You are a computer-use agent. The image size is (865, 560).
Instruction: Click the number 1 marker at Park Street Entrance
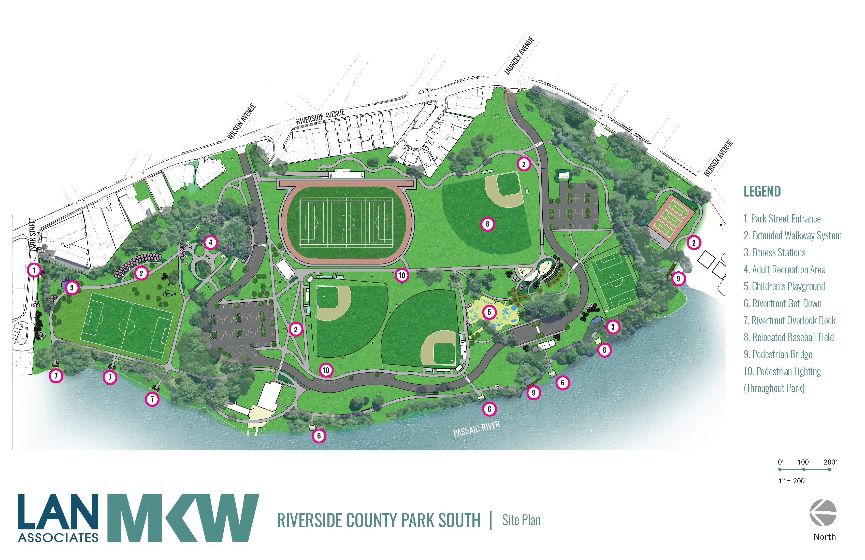point(34,270)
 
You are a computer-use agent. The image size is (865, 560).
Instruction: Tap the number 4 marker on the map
point(210,242)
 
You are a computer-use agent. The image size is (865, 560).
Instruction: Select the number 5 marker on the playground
point(489,312)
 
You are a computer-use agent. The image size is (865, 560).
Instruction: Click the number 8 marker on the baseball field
point(487,224)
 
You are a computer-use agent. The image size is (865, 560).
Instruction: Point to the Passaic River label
point(477,429)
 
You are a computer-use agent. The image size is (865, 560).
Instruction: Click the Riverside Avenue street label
point(320,117)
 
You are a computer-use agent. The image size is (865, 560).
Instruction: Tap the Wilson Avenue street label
point(242,121)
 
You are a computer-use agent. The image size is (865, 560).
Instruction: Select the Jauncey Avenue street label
point(519,56)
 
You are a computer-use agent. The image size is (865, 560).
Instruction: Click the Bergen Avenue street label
point(718,158)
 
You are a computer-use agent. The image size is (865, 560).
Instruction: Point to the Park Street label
point(33,234)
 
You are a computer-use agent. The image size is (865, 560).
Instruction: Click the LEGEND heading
point(762,192)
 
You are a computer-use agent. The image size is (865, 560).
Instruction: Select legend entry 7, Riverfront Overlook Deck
point(789,320)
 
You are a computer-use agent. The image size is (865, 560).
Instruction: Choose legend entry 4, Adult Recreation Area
point(784,270)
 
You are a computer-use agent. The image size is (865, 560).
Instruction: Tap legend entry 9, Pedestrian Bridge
point(778,354)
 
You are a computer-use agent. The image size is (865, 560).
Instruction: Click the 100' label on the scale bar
point(804,462)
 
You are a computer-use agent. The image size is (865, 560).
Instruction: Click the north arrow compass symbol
point(823,513)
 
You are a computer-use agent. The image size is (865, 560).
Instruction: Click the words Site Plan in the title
point(521,520)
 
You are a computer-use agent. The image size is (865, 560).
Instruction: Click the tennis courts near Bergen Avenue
point(671,217)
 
